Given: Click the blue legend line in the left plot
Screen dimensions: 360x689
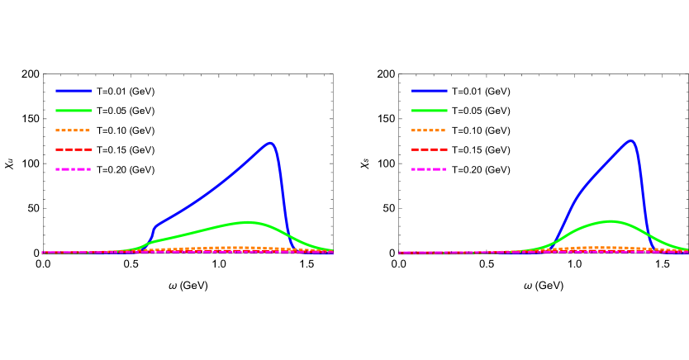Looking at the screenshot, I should click(x=74, y=91).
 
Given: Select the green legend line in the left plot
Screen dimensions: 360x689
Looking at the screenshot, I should click(x=74, y=111).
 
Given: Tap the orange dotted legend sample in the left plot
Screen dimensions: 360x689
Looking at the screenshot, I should click(x=73, y=130).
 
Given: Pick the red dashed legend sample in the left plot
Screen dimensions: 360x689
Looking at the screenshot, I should click(x=74, y=149).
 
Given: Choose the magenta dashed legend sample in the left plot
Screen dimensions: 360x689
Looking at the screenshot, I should click(x=73, y=169).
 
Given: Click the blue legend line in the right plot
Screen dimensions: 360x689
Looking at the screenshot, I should click(x=430, y=91).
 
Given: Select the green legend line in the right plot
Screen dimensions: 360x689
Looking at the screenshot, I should click(x=430, y=111).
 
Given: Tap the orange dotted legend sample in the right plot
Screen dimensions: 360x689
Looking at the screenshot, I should click(x=429, y=130).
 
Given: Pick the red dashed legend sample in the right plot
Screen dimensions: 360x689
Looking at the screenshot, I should click(x=430, y=149).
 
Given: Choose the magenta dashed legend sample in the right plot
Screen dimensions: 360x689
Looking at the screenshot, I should click(x=429, y=169).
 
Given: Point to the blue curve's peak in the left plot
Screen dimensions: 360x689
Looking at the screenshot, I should click(x=270, y=143).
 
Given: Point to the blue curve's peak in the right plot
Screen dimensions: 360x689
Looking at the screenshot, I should click(x=631, y=141).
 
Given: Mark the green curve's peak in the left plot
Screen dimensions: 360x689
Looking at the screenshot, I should click(x=248, y=222).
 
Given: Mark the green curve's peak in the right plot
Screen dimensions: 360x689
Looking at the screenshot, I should click(x=611, y=221).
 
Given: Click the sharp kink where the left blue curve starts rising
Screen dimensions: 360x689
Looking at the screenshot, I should click(x=154, y=227).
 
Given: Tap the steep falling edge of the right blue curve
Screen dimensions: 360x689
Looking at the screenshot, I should click(x=642, y=194).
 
